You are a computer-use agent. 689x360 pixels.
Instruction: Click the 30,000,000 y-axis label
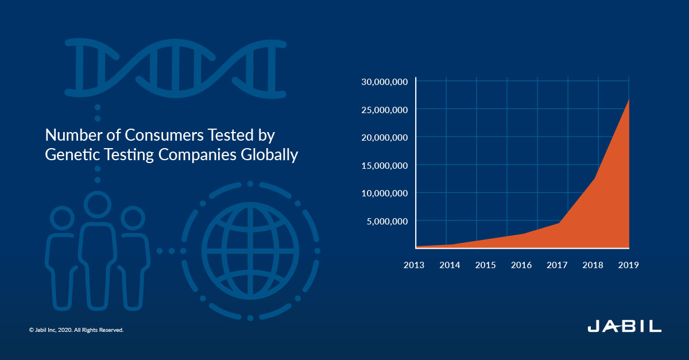point(385,82)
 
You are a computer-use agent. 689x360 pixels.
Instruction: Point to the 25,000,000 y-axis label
point(385,110)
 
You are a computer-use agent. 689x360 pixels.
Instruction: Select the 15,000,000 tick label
point(385,166)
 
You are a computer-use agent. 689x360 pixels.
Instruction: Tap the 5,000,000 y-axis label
point(387,222)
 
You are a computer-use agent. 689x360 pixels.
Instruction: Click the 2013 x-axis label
point(414,265)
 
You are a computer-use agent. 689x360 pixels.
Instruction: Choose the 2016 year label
point(521,265)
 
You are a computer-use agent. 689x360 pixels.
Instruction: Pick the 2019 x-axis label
point(628,265)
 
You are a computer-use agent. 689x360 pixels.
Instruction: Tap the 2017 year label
point(557,265)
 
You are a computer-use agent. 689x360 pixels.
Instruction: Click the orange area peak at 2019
point(628,100)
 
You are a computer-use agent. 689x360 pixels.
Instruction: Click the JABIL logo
point(625,327)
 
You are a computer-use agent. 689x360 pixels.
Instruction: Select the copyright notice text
point(76,330)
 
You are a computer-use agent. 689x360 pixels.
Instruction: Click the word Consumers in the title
point(164,135)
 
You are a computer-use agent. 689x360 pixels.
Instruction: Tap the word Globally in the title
point(269,155)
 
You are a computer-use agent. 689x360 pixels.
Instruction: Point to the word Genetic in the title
point(72,155)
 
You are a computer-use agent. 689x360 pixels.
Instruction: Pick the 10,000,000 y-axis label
point(385,193)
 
